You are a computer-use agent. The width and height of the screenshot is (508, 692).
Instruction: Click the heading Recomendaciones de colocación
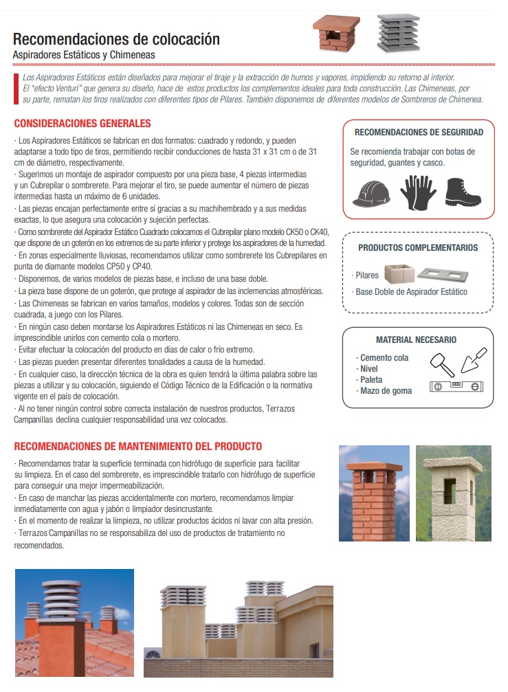pos(116,39)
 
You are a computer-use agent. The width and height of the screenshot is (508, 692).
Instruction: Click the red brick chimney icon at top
pos(336,33)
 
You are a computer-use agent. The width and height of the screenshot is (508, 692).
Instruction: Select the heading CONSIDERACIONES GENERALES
pos(82,124)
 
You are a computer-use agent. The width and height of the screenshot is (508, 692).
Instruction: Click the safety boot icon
pos(463,192)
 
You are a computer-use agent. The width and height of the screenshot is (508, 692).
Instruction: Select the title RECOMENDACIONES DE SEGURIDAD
pos(419,132)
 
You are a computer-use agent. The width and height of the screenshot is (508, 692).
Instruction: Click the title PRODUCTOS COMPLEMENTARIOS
pos(418,247)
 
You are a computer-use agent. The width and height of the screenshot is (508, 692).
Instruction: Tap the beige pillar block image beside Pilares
pos(397,274)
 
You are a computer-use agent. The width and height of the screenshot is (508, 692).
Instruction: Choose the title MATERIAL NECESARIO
pos(416,339)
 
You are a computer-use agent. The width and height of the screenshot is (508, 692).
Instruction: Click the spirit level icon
pos(454,387)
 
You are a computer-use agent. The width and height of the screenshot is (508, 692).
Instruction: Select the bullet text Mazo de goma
pos(386,391)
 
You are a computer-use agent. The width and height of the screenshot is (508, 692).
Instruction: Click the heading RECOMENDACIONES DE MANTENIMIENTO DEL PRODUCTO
pos(137,447)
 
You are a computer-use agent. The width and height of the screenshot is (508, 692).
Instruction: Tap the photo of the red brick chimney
pos(373,493)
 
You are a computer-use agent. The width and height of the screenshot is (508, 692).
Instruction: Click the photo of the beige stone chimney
pos(453,493)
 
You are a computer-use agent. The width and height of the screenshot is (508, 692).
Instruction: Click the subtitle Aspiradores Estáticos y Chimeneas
pos(84,54)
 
